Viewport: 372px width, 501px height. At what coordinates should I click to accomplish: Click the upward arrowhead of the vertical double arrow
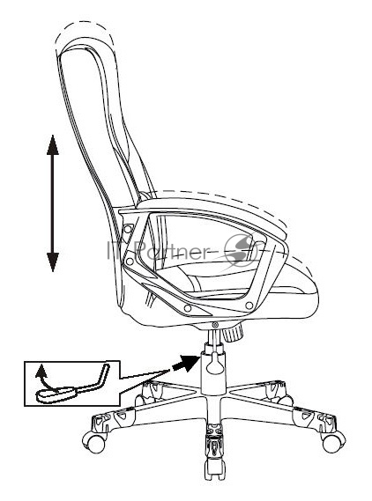point(53,144)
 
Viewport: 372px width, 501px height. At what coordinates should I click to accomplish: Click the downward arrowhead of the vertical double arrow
point(53,262)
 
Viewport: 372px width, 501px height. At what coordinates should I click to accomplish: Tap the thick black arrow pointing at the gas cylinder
point(186,364)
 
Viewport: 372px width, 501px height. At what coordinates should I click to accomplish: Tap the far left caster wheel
point(93,442)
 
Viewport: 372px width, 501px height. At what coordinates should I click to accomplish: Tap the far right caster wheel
point(333,441)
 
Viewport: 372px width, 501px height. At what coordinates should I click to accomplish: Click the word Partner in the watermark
point(172,250)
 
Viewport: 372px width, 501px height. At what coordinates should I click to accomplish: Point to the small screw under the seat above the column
point(215,325)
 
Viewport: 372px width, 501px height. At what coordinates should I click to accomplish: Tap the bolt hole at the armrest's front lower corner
point(249,306)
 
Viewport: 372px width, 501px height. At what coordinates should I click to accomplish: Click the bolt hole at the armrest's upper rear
point(127,229)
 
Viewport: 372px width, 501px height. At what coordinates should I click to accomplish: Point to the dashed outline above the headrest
point(84,29)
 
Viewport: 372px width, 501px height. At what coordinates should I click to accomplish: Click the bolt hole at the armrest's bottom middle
point(188,308)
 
